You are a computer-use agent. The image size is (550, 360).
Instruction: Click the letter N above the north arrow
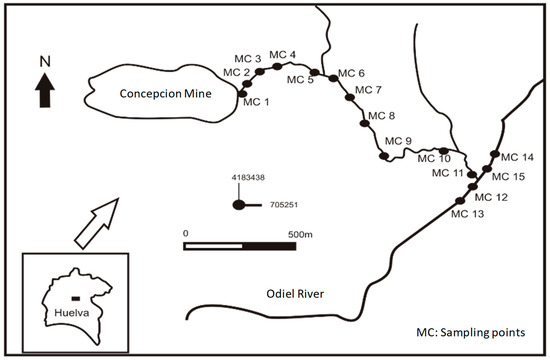click(44, 61)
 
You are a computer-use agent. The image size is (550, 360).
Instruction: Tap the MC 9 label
click(397, 140)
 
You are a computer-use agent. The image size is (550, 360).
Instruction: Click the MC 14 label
click(517, 157)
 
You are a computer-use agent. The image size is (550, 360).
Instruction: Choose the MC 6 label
click(352, 73)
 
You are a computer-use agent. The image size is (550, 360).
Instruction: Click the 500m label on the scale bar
click(301, 233)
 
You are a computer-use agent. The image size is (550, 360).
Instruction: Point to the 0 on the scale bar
click(185, 233)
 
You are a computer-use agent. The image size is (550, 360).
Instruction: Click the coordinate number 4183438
click(248, 177)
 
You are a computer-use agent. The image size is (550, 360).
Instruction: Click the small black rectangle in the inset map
click(74, 297)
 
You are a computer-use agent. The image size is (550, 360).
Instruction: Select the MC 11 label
click(447, 173)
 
